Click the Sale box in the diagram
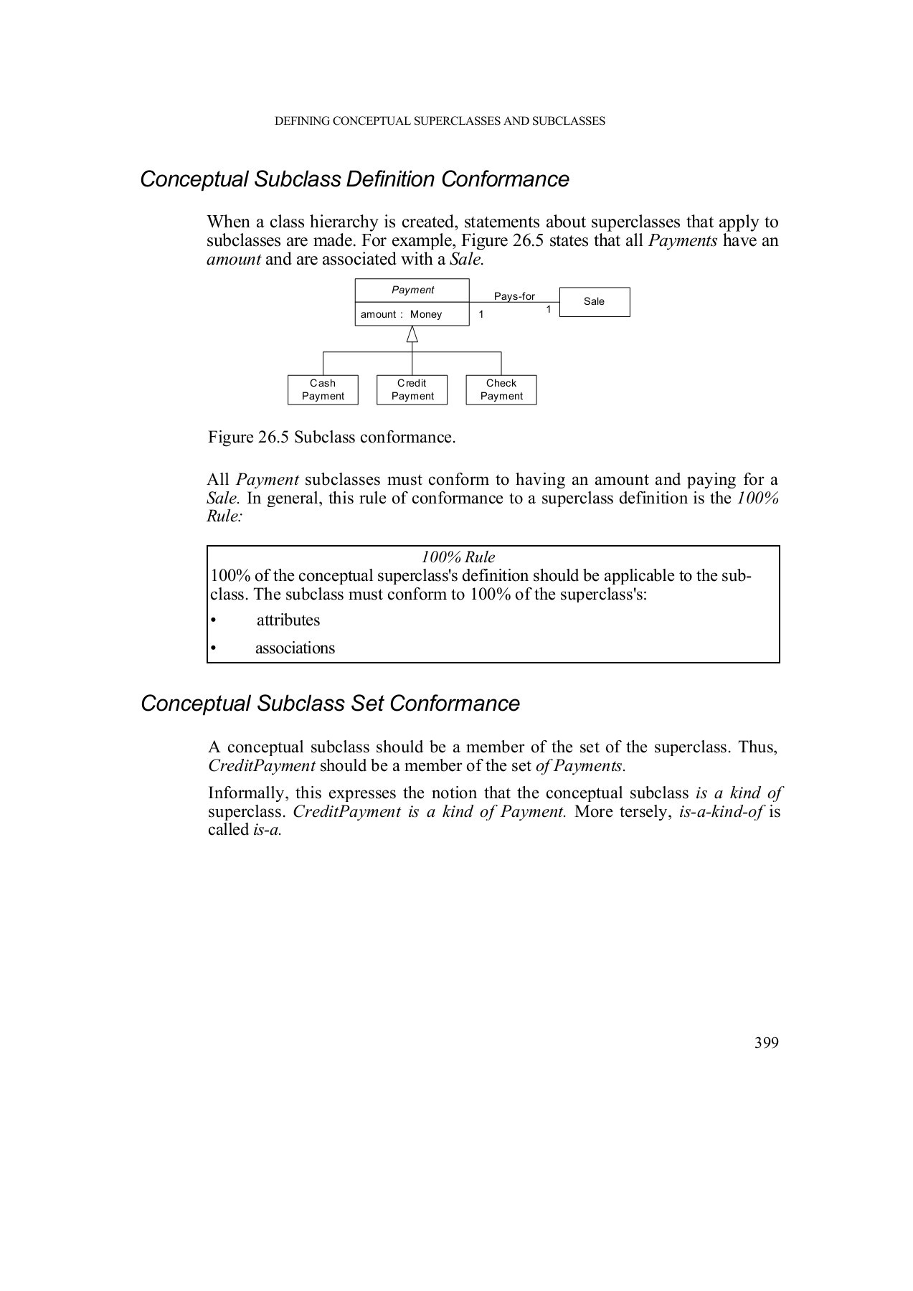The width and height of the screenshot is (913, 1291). [x=594, y=302]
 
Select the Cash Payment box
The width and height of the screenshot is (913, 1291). [x=323, y=389]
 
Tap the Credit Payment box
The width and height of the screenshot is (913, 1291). [x=412, y=389]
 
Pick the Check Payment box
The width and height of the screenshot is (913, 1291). [x=501, y=389]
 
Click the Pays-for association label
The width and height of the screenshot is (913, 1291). [x=514, y=296]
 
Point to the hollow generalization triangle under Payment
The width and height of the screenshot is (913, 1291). [x=412, y=334]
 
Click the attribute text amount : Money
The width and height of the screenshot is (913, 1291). [x=401, y=314]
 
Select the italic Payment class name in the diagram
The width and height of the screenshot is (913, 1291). [x=412, y=290]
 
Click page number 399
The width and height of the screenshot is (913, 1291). [x=766, y=1043]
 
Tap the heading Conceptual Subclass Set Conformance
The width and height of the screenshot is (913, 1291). [x=330, y=703]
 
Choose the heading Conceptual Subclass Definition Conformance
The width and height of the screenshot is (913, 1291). [x=354, y=179]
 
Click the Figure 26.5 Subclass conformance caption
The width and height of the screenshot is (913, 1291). [x=331, y=437]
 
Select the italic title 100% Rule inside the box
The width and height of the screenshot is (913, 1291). [x=458, y=557]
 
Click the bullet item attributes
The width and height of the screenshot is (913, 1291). [x=288, y=620]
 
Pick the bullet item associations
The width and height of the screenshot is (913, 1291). [x=295, y=648]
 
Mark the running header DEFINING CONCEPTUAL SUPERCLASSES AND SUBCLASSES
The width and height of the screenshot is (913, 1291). [x=440, y=121]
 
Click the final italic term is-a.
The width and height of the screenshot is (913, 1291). [x=268, y=831]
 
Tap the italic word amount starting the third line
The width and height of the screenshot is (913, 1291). [x=233, y=259]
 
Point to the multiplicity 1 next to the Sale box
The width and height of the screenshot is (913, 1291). [x=549, y=309]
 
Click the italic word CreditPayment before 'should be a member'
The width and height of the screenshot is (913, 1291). [x=262, y=766]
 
